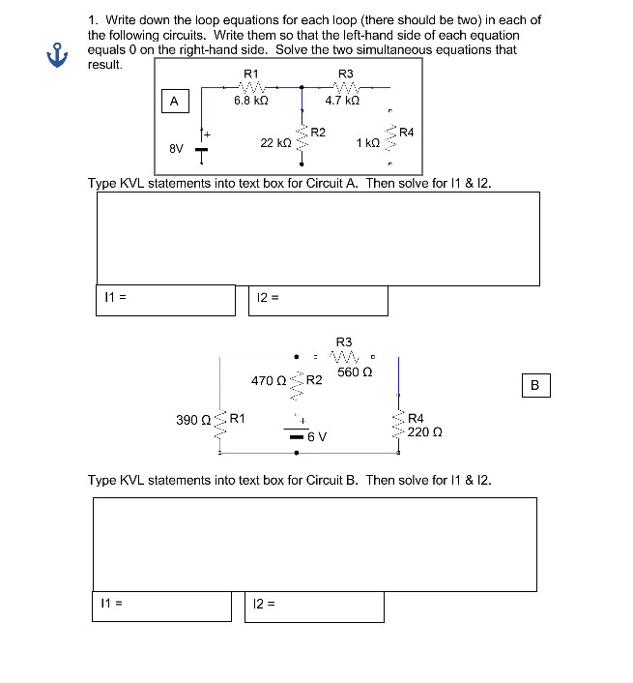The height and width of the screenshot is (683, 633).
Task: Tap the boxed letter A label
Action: [173, 100]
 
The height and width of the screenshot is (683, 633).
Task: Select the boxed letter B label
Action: [536, 385]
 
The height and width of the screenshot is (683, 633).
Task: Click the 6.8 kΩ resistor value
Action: [250, 100]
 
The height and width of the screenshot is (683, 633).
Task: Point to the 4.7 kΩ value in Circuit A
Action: [343, 100]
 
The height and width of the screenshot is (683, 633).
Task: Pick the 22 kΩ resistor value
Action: [275, 142]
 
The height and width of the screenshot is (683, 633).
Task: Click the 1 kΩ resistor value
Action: [367, 142]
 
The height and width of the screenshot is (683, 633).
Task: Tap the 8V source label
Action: [176, 149]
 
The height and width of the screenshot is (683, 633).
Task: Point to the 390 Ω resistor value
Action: [192, 420]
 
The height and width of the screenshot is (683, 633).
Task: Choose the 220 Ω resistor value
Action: [425, 431]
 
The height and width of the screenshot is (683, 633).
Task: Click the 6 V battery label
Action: [317, 436]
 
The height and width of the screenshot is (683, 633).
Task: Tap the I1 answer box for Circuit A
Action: [165, 300]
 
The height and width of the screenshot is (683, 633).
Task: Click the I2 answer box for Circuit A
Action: [318, 300]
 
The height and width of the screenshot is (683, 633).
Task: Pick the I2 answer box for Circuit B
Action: [314, 606]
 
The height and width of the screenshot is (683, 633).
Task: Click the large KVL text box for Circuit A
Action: [317, 238]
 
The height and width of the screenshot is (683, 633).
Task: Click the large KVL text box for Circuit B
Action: [314, 544]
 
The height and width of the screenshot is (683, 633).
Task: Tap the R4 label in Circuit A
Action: [406, 132]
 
